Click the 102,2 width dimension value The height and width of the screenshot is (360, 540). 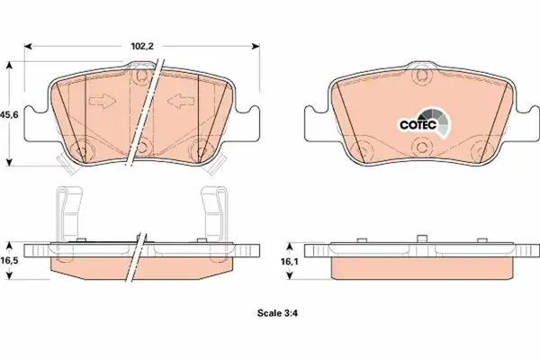142,46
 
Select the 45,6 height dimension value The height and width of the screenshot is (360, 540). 9,114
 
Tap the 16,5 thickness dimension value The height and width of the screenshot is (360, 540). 9,260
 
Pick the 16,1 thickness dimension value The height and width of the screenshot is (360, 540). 290,262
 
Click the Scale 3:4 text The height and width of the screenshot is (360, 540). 277,313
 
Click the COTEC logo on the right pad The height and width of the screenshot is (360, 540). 425,122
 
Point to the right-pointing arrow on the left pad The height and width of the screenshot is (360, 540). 103,102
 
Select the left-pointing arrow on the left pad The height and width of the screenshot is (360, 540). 181,101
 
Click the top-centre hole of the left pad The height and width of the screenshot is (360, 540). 141,76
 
